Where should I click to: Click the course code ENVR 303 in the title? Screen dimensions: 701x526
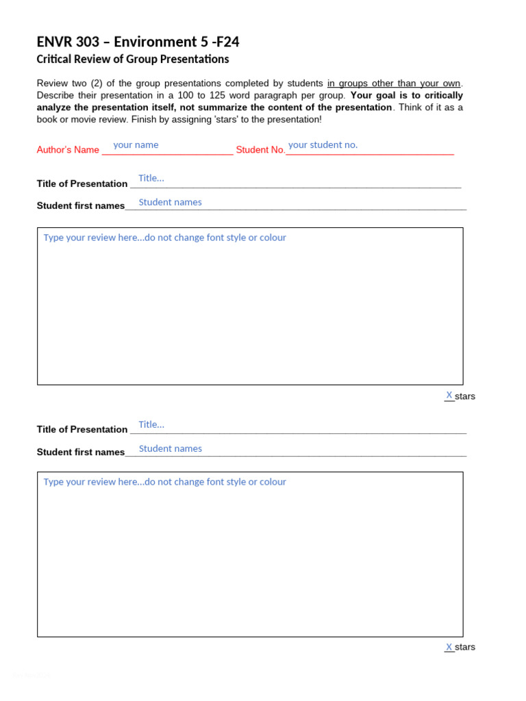tap(68, 42)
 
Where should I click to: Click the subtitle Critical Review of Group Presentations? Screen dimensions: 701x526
tap(132, 60)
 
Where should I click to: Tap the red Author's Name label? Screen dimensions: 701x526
tap(68, 150)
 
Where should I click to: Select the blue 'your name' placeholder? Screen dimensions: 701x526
tap(136, 145)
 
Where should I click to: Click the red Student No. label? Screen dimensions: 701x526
tap(260, 150)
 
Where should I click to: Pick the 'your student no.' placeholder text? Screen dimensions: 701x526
tap(323, 145)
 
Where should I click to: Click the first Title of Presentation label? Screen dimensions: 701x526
tap(82, 183)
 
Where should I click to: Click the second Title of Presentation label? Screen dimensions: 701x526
tap(82, 429)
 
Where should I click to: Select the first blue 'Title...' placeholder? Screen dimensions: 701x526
tap(151, 178)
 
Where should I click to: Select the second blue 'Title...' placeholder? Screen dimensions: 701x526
tap(151, 424)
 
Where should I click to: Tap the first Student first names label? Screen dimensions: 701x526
tap(81, 205)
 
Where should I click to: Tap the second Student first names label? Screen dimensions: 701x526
tap(81, 452)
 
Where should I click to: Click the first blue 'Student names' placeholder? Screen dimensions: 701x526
tap(170, 202)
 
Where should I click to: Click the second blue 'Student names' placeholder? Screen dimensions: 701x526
tap(170, 448)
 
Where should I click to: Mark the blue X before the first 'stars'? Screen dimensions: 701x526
tap(449, 395)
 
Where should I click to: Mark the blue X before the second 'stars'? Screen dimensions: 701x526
tap(449, 647)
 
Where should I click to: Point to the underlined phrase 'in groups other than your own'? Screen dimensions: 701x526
tap(394, 84)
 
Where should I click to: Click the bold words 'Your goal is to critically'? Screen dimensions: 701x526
tap(406, 95)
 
